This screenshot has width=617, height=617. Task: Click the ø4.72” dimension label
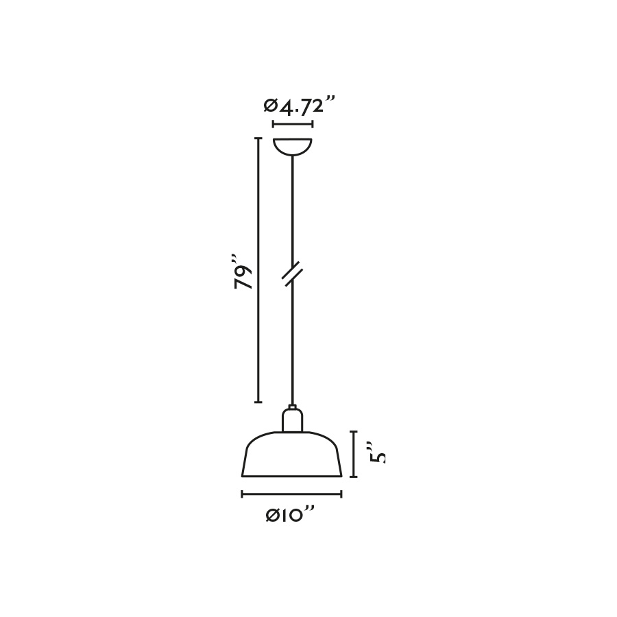(x=299, y=106)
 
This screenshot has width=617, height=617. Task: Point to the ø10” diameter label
(x=291, y=515)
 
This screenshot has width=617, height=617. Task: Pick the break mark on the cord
(x=292, y=272)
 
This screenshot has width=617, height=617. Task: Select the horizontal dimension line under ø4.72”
(x=293, y=124)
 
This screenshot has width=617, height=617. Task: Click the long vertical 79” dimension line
(x=258, y=270)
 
